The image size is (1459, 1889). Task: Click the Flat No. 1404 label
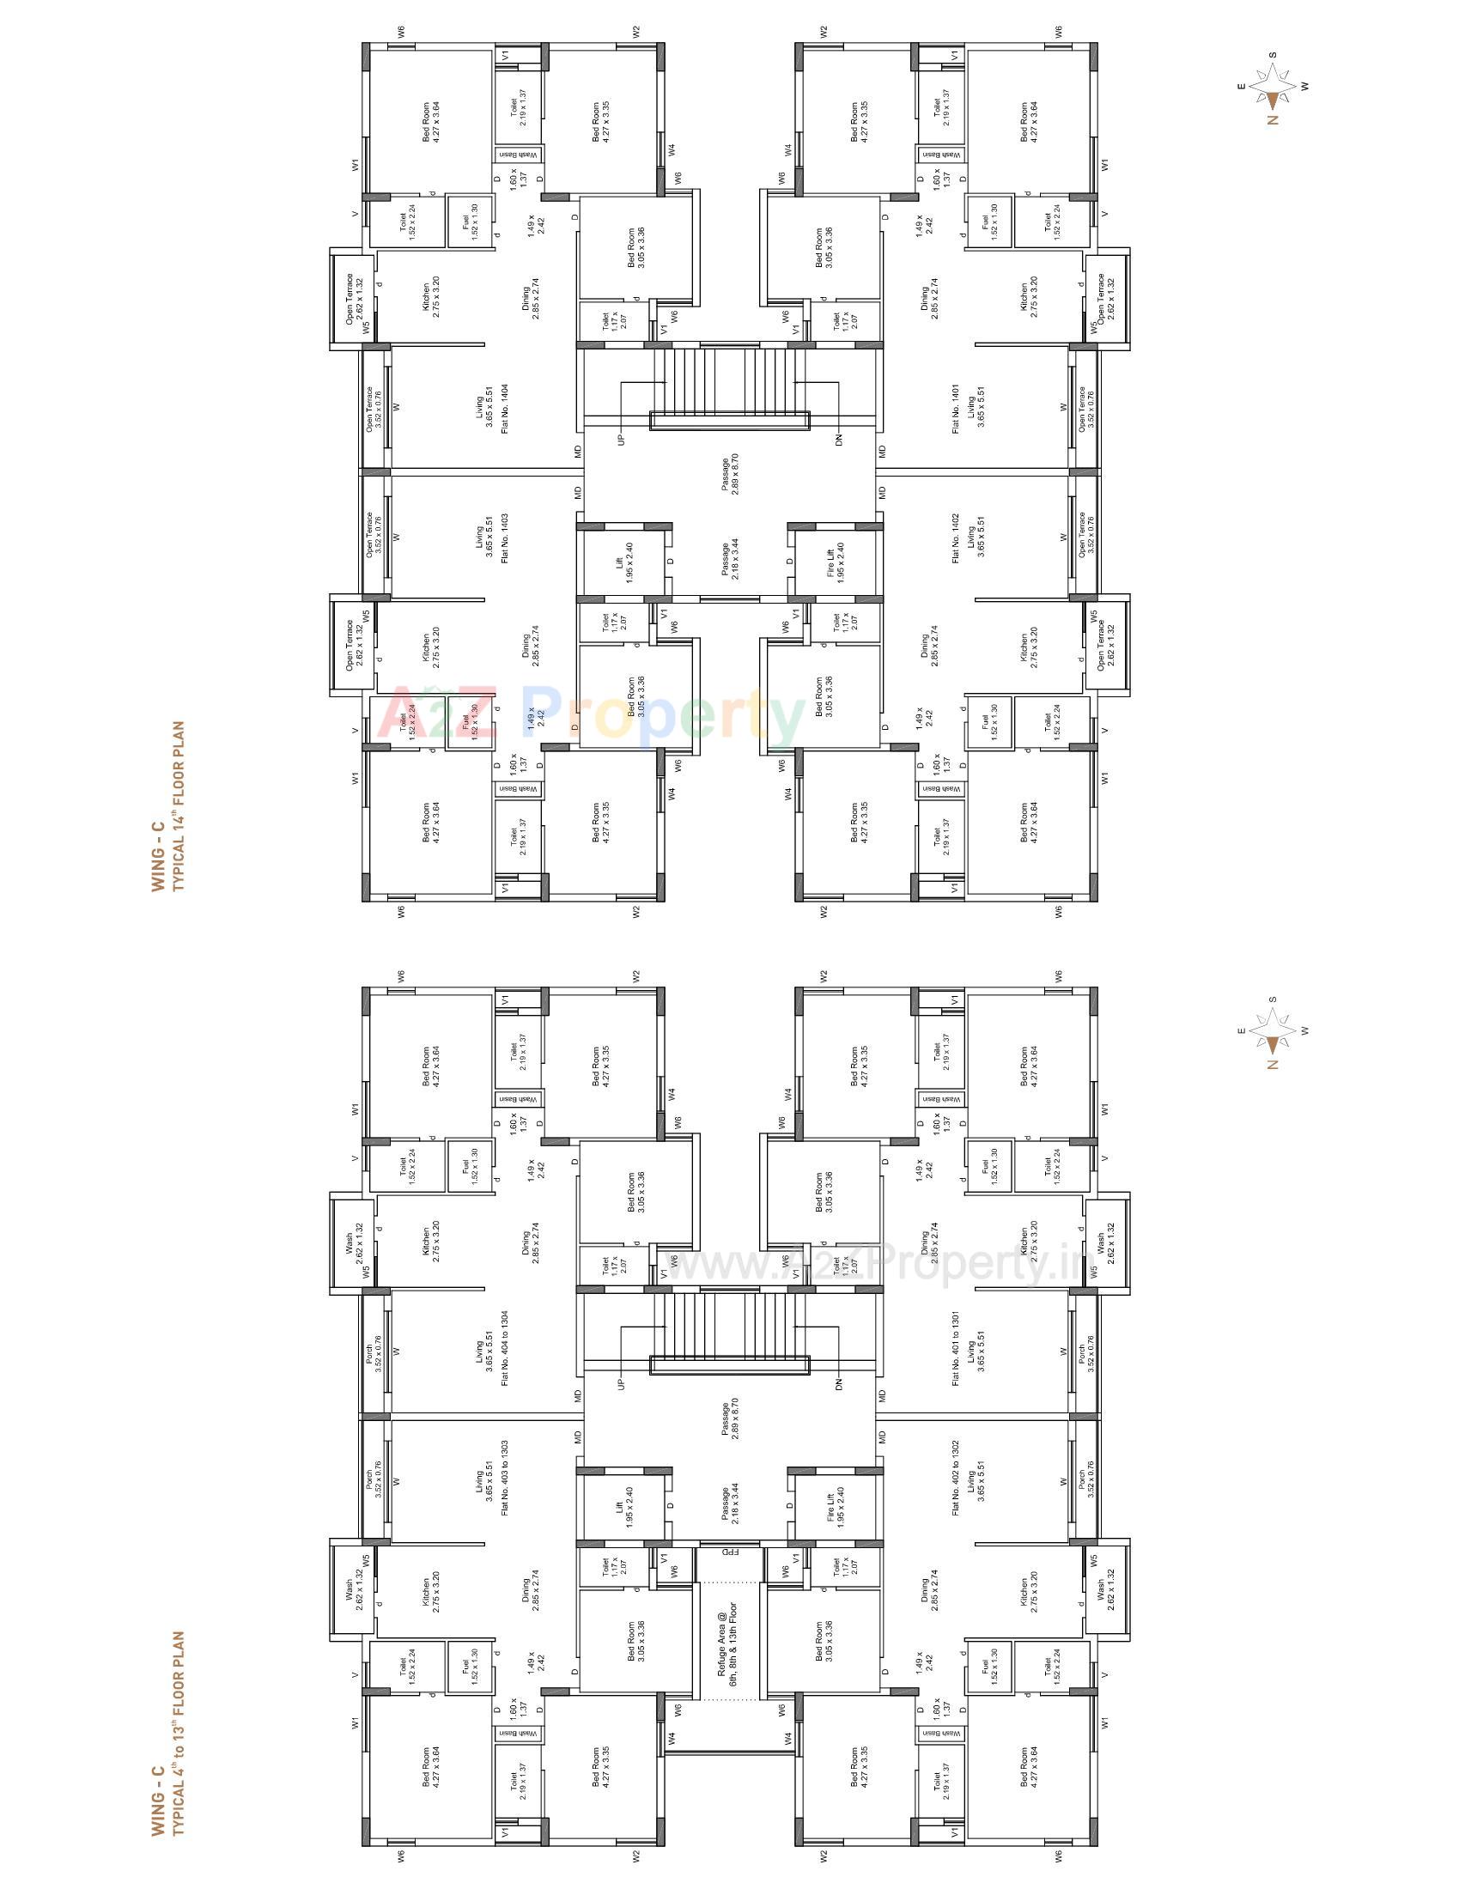point(504,407)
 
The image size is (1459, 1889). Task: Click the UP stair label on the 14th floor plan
point(620,440)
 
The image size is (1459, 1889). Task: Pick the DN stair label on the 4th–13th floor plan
point(839,1383)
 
